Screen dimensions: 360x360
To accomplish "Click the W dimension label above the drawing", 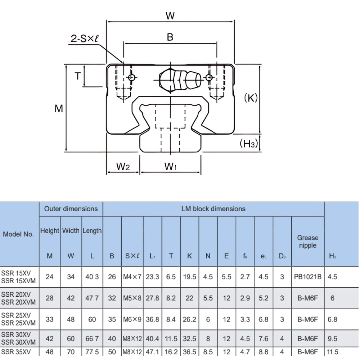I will pos(170,15).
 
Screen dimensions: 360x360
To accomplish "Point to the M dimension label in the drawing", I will pos(59,108).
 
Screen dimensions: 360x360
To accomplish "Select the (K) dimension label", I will pos(251,98).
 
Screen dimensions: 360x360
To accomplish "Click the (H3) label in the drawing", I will pos(249,144).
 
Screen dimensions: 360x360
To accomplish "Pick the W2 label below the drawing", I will pos(123,166).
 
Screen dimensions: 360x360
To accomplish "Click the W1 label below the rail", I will pos(170,166).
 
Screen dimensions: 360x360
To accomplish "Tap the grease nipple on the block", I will pos(180,80).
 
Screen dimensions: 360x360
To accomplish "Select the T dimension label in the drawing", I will pos(77,76).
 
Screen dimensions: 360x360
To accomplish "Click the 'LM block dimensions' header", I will pos(213,209).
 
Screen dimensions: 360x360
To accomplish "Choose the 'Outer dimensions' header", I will pos(71,209).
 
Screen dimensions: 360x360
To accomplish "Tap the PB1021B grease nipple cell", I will pos(307,277).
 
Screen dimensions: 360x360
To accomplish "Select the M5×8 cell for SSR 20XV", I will pos(132,298).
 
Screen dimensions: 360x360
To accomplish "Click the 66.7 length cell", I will pos(92,339).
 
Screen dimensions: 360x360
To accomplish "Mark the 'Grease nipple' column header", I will pos(307,242).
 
